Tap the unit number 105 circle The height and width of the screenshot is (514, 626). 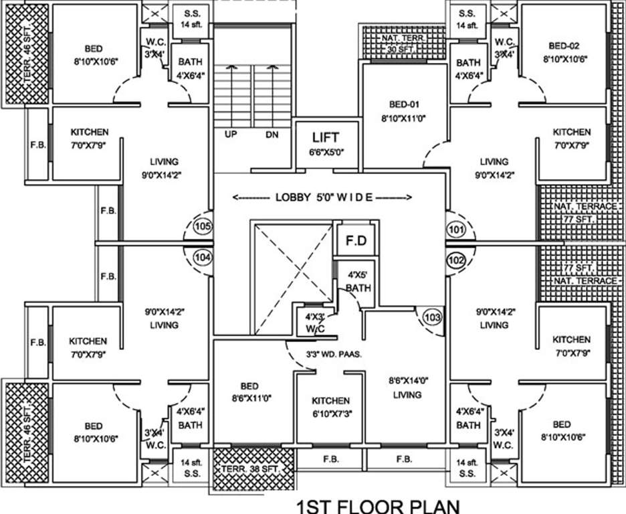tap(203, 227)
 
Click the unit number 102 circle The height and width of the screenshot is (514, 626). tap(456, 260)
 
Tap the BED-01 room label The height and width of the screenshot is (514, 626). tap(404, 110)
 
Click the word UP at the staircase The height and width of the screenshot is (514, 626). tap(231, 135)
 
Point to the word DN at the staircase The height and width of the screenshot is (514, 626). tap(272, 135)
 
